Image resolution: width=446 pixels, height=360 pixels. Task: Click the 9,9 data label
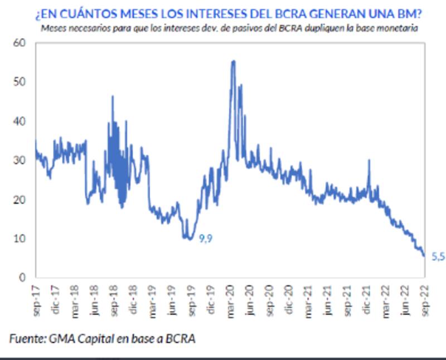(206, 238)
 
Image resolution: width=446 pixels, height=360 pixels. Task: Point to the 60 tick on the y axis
(20, 43)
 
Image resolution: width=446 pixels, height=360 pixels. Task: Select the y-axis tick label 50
(20, 82)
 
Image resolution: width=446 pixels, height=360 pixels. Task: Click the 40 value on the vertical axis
(20, 121)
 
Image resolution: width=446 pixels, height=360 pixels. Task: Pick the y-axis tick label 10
(20, 239)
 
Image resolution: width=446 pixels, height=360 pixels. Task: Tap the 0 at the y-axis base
(23, 278)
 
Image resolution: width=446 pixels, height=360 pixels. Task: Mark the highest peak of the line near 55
(233, 61)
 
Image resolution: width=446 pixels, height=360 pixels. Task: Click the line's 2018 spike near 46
(112, 97)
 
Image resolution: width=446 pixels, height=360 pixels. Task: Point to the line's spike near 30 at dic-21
(369, 161)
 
